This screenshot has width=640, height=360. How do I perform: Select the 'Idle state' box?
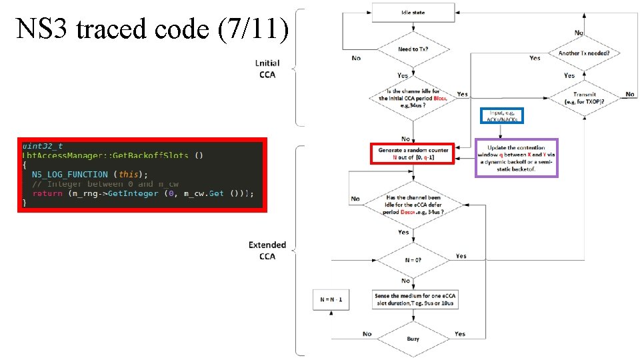click(413, 13)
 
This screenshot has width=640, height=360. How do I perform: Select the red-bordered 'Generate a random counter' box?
click(413, 154)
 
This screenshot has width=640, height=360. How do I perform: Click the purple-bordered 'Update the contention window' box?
click(516, 158)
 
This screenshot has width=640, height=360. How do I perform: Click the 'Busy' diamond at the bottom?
click(413, 338)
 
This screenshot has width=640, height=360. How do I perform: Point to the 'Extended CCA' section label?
click(267, 250)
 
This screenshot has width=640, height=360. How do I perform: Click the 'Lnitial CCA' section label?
click(267, 69)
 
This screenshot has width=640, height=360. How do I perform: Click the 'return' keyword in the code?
click(47, 193)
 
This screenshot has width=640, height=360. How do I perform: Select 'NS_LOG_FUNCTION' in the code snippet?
click(69, 174)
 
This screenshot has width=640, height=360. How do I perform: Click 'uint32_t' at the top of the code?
click(43, 146)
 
